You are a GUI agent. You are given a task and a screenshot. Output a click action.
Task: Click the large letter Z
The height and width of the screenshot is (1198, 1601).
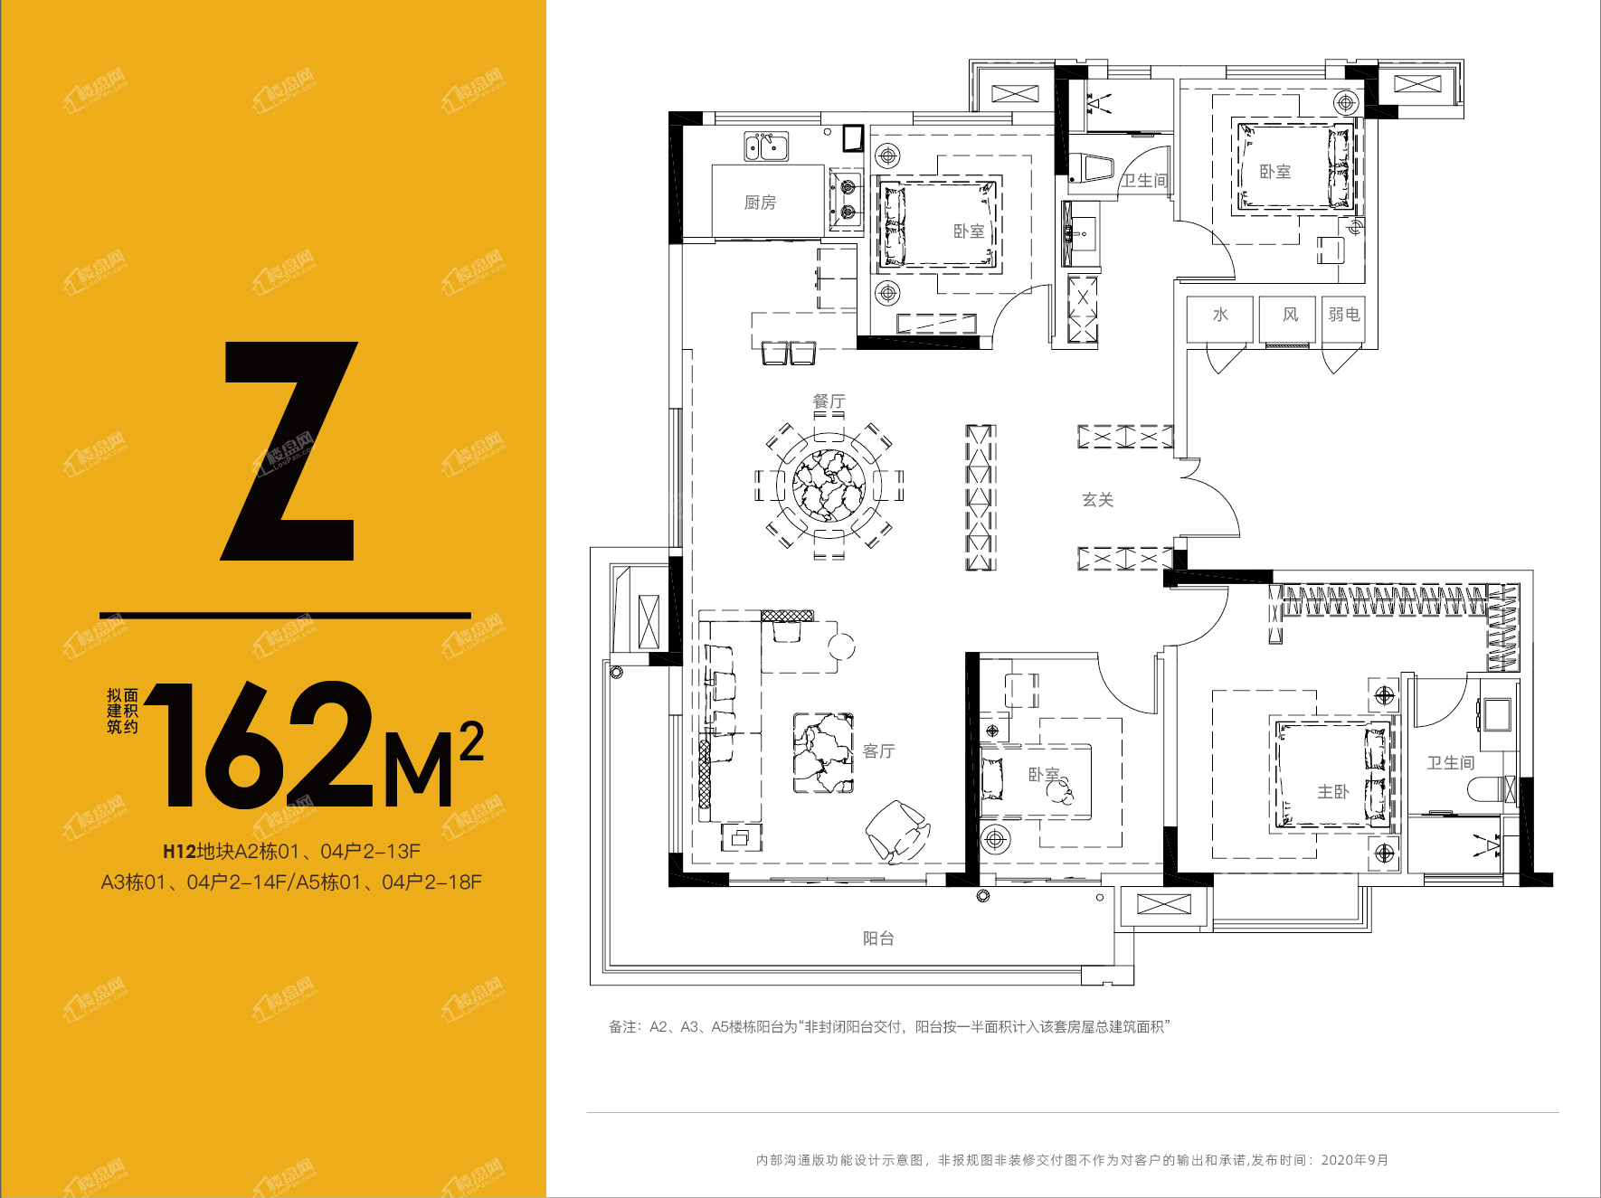point(289,450)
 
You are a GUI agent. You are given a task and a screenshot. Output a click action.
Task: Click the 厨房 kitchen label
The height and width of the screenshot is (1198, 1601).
point(760,203)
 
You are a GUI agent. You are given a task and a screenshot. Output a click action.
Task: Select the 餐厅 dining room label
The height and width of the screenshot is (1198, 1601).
point(829,401)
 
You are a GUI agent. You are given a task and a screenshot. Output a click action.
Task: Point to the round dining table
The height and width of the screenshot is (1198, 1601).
point(829,486)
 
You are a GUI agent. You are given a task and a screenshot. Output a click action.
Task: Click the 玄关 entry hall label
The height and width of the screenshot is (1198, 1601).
point(1098,500)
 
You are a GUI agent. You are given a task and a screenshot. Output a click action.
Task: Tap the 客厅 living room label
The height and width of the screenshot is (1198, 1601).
point(878,751)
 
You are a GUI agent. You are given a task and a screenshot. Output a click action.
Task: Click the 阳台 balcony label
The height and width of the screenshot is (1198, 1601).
point(878,939)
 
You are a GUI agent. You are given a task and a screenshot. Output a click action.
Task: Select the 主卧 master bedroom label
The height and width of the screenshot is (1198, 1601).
point(1333,792)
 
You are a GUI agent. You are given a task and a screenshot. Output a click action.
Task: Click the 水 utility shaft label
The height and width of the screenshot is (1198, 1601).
point(1220,315)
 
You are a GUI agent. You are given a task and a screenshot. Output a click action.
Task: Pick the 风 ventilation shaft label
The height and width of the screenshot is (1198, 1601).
point(1291,315)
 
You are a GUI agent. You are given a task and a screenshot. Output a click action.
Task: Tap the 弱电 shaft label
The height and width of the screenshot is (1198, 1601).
point(1344,315)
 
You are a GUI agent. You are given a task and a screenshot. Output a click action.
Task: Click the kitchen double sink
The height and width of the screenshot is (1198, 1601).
point(766,146)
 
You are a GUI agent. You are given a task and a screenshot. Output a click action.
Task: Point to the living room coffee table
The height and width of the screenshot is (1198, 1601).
point(823,753)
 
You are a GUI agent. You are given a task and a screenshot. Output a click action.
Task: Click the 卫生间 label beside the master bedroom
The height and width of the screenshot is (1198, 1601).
point(1451,763)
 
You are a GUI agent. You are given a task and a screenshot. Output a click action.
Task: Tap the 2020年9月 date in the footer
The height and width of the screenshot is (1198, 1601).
point(1355,1160)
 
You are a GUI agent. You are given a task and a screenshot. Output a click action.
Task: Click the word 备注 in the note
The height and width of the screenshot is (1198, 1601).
point(622,1027)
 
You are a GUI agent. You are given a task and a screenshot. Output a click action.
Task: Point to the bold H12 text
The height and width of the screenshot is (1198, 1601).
point(179,852)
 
